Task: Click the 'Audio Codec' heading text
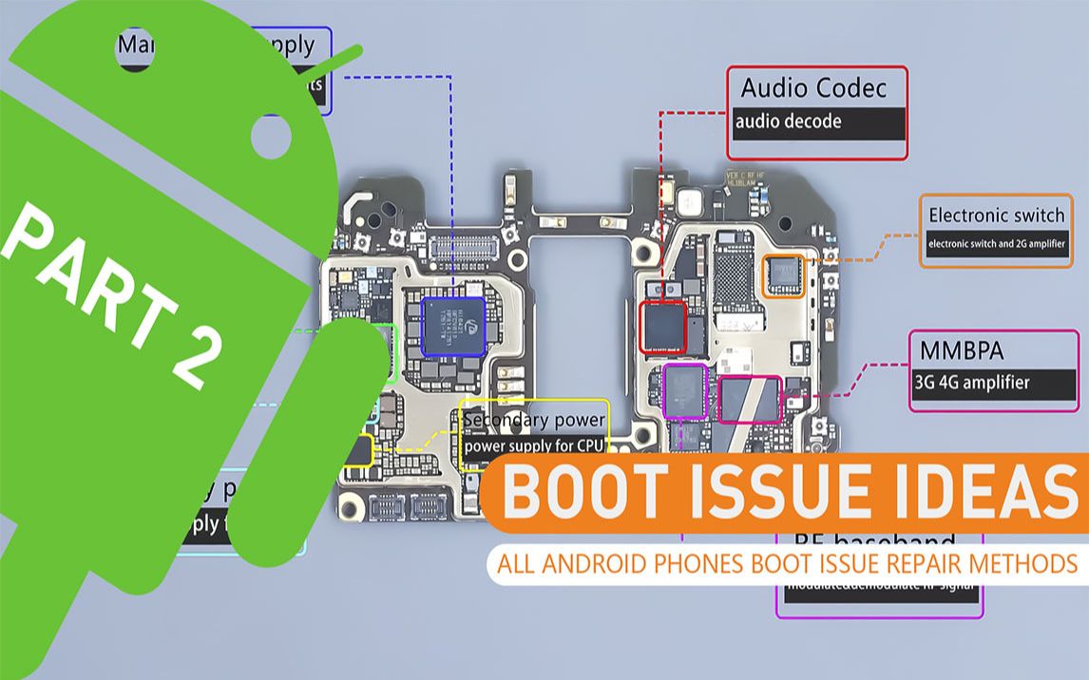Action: [813, 89]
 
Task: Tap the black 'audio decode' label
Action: [787, 122]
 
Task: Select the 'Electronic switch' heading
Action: [997, 215]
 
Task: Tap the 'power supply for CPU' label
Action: [534, 444]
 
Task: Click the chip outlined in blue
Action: [452, 326]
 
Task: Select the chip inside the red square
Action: [663, 329]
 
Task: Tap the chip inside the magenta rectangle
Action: [749, 399]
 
